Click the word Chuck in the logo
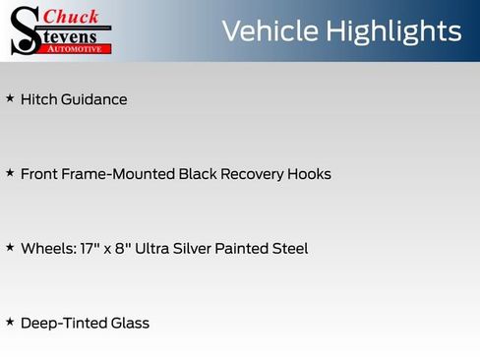pos(72,16)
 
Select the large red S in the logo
pos(24,30)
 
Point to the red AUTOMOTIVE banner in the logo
pos(77,48)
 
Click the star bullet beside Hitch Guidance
pos(10,98)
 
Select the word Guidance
pos(94,100)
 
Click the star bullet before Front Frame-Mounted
pos(10,173)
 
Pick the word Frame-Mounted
pos(117,174)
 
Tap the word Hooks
pos(309,174)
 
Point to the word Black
pos(200,174)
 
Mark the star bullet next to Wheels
pos(10,248)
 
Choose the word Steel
pos(287,249)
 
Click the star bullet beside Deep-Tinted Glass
pos(10,322)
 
